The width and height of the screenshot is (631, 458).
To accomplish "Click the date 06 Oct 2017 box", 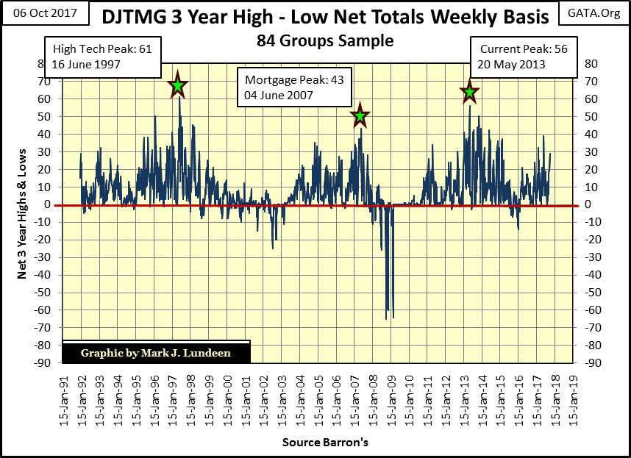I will point(44,15).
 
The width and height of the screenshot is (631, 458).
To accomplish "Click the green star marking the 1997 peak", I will point(177,87).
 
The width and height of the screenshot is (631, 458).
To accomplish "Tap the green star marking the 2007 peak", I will point(360,116).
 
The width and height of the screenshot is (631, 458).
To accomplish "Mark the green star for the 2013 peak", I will point(469,93).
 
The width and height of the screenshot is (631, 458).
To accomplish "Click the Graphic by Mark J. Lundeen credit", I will point(155,353).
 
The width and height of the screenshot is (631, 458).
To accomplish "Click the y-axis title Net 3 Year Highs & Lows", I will point(24,212).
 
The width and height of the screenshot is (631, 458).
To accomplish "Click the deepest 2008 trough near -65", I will point(387,318).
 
